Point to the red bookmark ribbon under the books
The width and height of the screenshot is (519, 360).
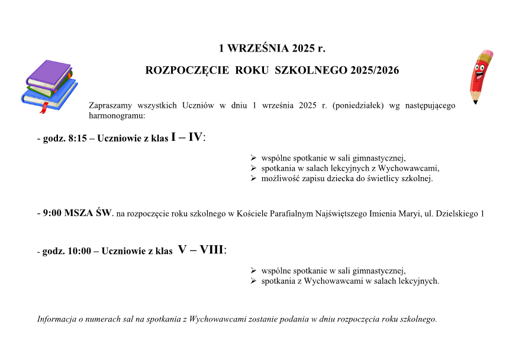pyautogui.click(x=42, y=108)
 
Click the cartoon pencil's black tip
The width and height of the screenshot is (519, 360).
pyautogui.click(x=475, y=101)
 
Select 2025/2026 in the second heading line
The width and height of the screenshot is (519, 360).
pyautogui.click(x=374, y=70)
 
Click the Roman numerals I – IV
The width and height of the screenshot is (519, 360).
pyautogui.click(x=186, y=137)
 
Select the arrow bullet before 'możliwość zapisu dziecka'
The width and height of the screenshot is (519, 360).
pyautogui.click(x=253, y=178)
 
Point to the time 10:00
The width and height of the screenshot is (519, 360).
pyautogui.click(x=79, y=251)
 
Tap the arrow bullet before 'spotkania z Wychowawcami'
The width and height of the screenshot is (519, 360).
pyautogui.click(x=253, y=281)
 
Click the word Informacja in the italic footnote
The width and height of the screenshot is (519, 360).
pyautogui.click(x=57, y=319)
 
